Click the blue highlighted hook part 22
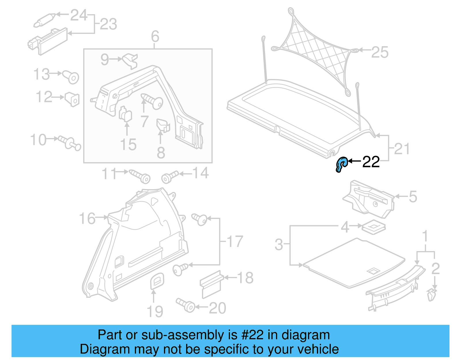coord(341,165)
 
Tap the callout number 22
coord(371,162)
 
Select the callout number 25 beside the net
coord(380,52)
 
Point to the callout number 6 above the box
coord(155,37)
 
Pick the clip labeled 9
coord(130,61)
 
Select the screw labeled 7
coord(153,101)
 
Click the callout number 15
coord(128,144)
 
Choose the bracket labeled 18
coord(211,284)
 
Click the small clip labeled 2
coord(431,295)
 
